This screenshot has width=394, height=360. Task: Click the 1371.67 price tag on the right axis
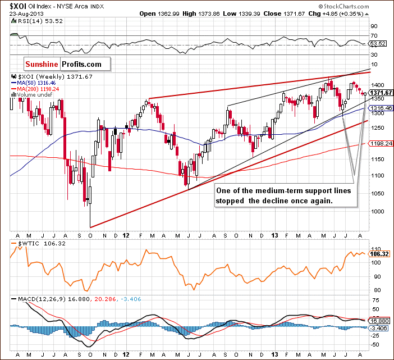381,92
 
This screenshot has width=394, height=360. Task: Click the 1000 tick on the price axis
377,212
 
